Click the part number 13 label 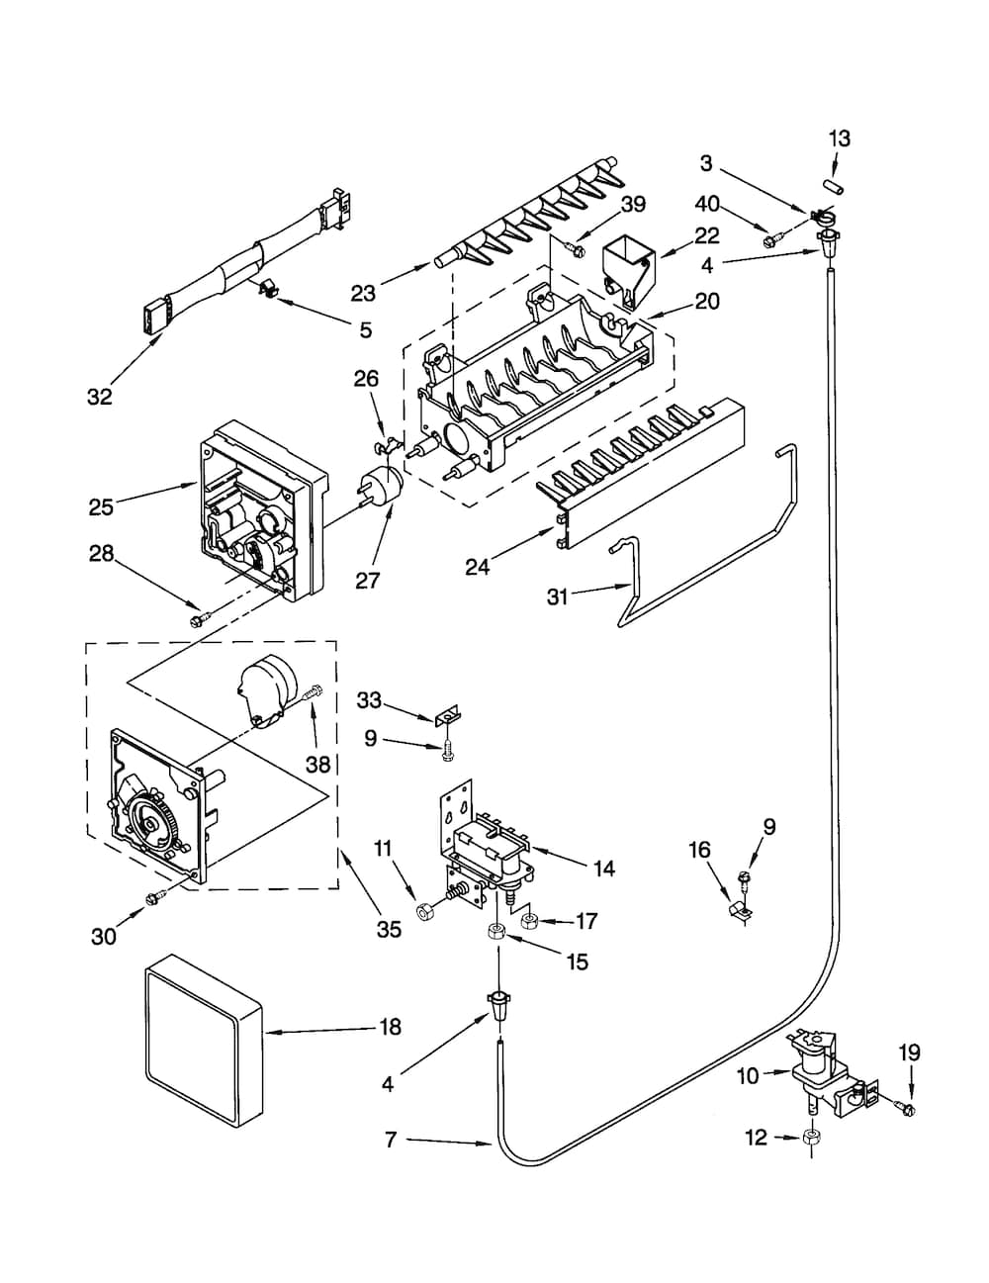pyautogui.click(x=839, y=138)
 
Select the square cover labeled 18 pyautogui.click(x=205, y=1042)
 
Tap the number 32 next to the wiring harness pyautogui.click(x=99, y=397)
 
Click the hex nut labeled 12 pyautogui.click(x=810, y=1138)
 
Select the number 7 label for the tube pyautogui.click(x=391, y=1141)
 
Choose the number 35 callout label pyautogui.click(x=389, y=929)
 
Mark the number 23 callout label pyautogui.click(x=363, y=292)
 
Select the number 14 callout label pyautogui.click(x=603, y=868)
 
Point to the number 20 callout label pyautogui.click(x=707, y=301)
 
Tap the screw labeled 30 pyautogui.click(x=153, y=899)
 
